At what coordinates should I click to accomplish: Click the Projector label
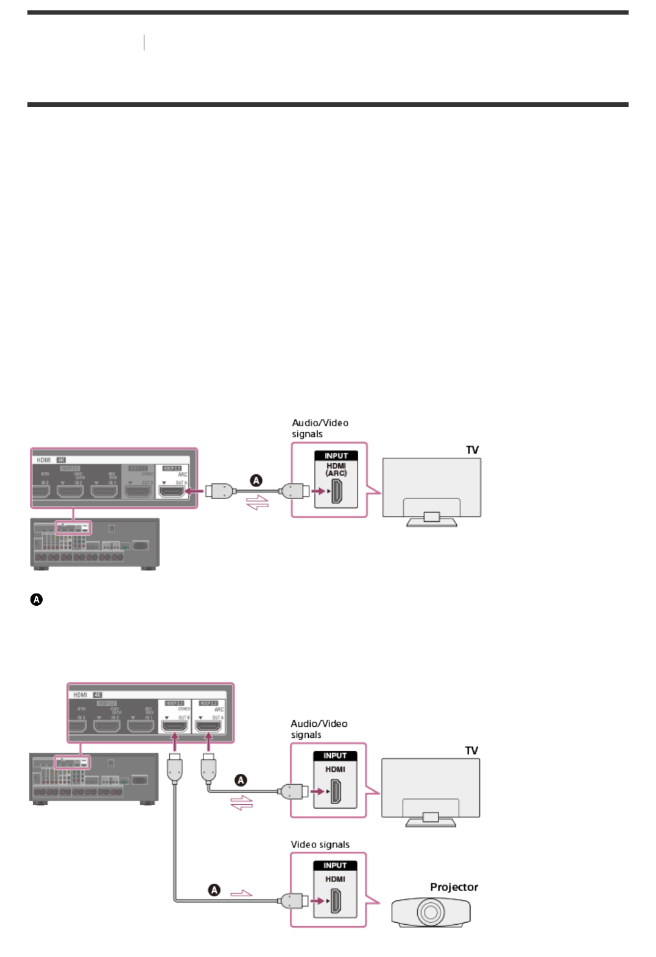[454, 887]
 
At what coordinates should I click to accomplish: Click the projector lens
[430, 912]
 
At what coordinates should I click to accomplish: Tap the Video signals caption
[320, 844]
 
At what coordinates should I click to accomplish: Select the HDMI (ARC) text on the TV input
[336, 469]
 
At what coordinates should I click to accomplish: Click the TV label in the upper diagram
[472, 450]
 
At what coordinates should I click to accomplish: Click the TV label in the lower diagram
[471, 751]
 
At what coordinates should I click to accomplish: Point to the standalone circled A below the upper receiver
[37, 600]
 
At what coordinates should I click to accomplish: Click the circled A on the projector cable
[214, 890]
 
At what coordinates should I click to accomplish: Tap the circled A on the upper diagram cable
[256, 480]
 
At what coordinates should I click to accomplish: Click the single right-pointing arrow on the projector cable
[241, 894]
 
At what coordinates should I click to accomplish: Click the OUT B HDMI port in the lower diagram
[174, 726]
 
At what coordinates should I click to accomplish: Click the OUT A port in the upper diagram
[172, 491]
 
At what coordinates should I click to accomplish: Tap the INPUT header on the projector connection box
[335, 865]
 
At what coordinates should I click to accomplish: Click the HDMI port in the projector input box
[335, 901]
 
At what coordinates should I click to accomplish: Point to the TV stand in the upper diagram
[431, 519]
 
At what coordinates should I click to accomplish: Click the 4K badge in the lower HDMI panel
[97, 695]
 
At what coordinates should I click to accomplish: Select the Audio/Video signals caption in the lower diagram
[319, 729]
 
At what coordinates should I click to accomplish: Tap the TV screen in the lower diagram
[430, 782]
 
